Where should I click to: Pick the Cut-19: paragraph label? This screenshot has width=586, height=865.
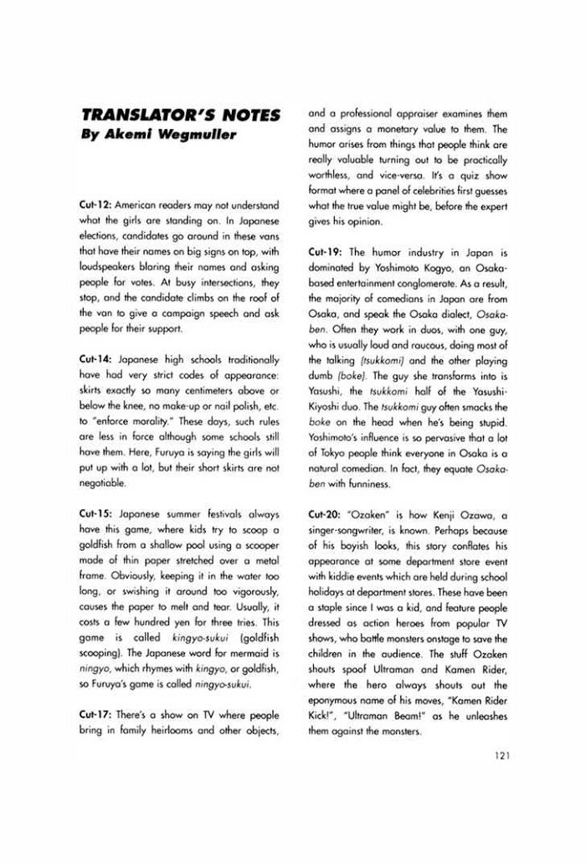323,251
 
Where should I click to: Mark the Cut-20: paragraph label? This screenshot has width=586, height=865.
323,512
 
